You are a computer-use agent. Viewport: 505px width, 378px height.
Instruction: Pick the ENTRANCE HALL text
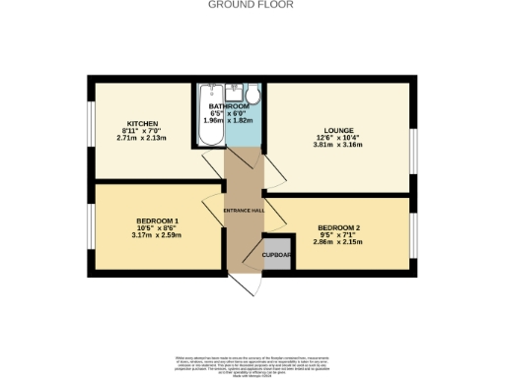tap(242, 212)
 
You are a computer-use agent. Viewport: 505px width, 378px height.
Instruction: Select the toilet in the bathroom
tap(252, 95)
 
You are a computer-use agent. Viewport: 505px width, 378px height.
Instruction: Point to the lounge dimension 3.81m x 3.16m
tap(338, 146)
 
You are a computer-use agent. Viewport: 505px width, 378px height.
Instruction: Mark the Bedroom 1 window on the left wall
tap(92, 226)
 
